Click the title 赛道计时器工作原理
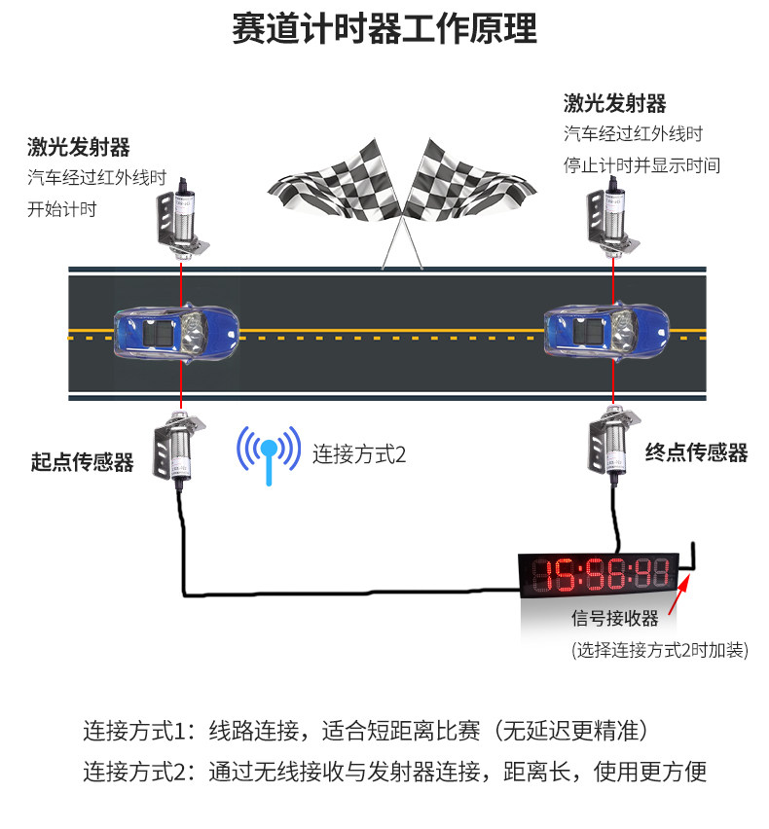click(x=384, y=30)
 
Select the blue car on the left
click(x=178, y=333)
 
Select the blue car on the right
click(x=607, y=333)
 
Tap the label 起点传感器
click(x=82, y=462)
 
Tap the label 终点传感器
click(x=696, y=452)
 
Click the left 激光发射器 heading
click(x=78, y=148)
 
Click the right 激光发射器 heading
click(x=614, y=103)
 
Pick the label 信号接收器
click(x=614, y=619)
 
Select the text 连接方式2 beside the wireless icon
click(x=358, y=453)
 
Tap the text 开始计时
click(x=61, y=209)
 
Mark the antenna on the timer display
click(x=693, y=557)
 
